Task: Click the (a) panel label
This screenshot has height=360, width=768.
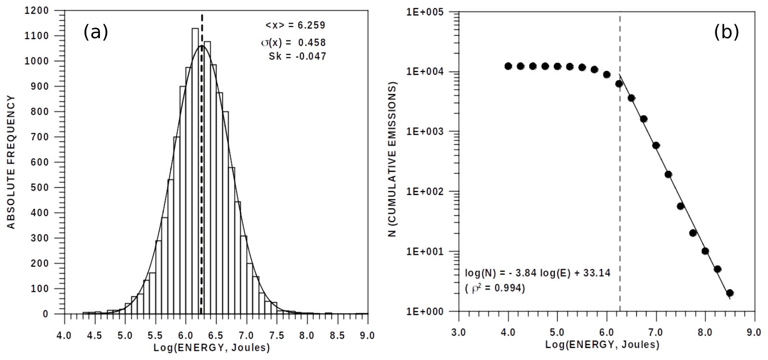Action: (96, 32)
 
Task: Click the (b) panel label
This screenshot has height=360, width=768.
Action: (727, 32)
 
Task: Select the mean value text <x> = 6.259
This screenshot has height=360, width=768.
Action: (295, 25)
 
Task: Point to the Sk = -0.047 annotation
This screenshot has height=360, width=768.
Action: (297, 56)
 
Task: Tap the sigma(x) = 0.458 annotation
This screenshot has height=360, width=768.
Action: (293, 42)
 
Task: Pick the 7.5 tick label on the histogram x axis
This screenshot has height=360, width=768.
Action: (276, 335)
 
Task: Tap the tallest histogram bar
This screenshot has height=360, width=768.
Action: (195, 169)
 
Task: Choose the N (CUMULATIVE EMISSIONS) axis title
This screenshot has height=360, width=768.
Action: (393, 159)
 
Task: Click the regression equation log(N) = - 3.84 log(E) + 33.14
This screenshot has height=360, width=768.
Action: (537, 273)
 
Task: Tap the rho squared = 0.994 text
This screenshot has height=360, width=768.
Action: (495, 289)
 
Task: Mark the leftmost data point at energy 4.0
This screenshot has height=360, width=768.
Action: (508, 66)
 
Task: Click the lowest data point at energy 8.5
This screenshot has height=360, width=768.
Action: (729, 293)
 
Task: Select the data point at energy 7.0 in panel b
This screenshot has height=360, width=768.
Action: (656, 145)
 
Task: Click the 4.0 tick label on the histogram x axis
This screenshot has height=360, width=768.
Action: (64, 335)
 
